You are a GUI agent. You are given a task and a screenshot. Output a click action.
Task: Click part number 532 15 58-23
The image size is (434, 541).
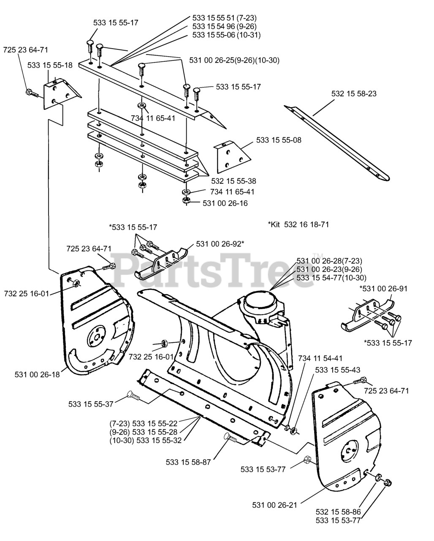tap(354, 93)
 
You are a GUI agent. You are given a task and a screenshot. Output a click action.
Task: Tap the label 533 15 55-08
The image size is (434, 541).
tap(279, 139)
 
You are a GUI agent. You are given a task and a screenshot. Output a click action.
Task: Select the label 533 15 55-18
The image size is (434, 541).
tap(50, 65)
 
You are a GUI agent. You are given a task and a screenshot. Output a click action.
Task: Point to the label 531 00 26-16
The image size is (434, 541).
tap(225, 203)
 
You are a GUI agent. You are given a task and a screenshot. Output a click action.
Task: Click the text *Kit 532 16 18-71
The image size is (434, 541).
tap(298, 224)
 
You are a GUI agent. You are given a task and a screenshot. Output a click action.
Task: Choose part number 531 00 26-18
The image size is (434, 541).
tap(37, 374)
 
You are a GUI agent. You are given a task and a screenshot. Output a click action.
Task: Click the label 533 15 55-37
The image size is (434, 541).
tap(91, 404)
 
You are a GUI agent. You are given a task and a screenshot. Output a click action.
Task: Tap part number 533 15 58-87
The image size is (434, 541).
tap(188, 462)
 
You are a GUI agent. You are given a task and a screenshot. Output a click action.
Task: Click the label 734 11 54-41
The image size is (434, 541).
tap(320, 358)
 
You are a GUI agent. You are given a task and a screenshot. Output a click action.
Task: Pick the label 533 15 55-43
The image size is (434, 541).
tap(338, 369)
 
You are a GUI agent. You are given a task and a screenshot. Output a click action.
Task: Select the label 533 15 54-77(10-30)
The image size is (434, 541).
tap(331, 278)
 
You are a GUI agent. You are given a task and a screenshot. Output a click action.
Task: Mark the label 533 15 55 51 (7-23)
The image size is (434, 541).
tap(224, 18)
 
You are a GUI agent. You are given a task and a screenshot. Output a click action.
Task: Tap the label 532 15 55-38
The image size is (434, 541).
tap(233, 181)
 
